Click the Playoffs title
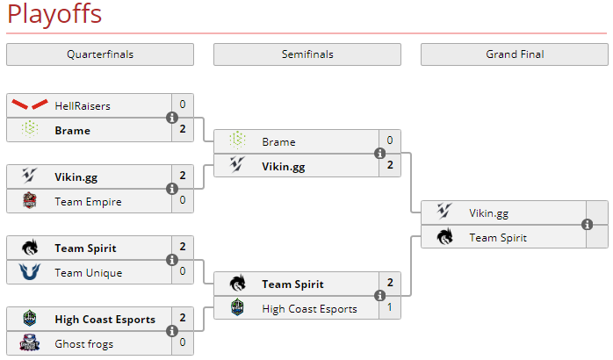tap(54, 15)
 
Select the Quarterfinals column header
tap(100, 54)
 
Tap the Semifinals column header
tap(307, 54)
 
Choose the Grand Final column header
tap(515, 54)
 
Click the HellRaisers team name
tap(83, 105)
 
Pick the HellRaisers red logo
tap(30, 105)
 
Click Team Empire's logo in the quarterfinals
tap(30, 201)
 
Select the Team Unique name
tap(88, 272)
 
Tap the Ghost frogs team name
tap(83, 343)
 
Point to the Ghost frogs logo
tap(30, 343)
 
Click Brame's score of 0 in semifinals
tap(390, 140)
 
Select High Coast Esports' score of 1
tap(390, 308)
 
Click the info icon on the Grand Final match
tap(587, 225)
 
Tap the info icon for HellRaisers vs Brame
tap(172, 118)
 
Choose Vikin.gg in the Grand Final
tap(488, 212)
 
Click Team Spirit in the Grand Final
tap(497, 237)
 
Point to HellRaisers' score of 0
tap(183, 104)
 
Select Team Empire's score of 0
tap(183, 201)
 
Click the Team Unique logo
tap(30, 272)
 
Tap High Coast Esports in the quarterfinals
tap(105, 320)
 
